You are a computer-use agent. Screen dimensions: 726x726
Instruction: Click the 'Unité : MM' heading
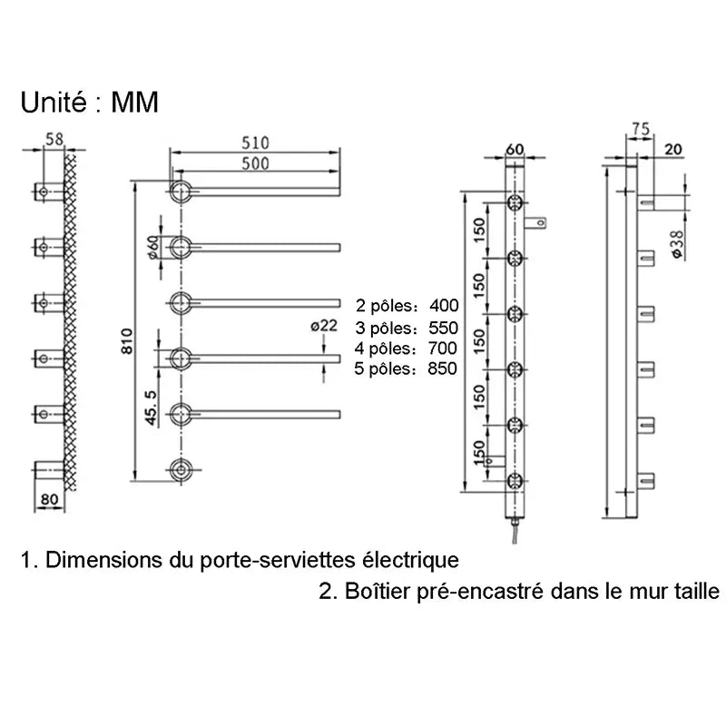(89, 103)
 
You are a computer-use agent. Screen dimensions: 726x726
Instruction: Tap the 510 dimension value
(258, 142)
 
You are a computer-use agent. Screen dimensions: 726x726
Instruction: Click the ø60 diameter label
(152, 247)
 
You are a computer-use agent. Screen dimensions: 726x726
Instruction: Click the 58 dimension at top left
(54, 139)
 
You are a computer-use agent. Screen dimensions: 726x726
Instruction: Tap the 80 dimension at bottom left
(49, 498)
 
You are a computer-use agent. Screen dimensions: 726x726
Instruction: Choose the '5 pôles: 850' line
(407, 368)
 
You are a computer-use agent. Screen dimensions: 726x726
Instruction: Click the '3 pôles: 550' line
(407, 327)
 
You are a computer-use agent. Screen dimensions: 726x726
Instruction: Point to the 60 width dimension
(515, 148)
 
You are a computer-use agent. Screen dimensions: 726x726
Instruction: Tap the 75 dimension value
(641, 130)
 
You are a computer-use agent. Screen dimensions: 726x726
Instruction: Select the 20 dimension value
(673, 148)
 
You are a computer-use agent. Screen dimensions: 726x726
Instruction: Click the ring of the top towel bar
(181, 191)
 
